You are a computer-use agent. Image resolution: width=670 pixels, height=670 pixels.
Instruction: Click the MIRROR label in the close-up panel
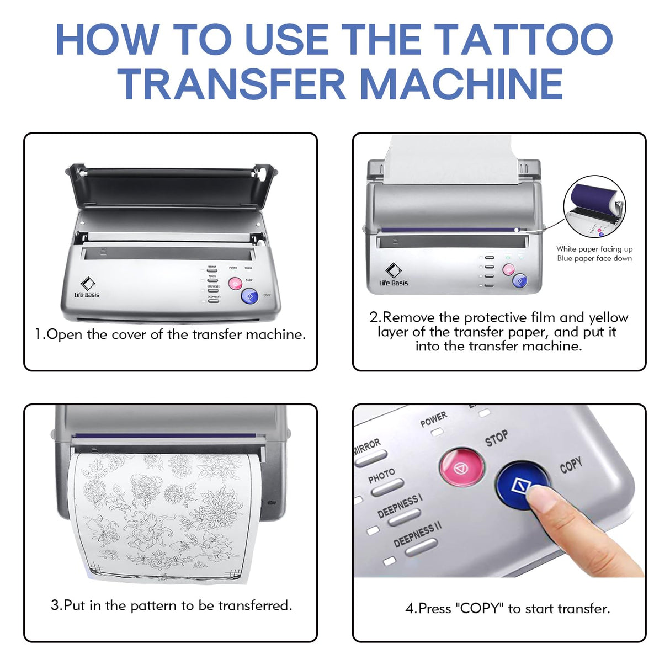pyautogui.click(x=366, y=445)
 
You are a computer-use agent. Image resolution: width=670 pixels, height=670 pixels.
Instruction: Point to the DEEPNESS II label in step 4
pyautogui.click(x=417, y=534)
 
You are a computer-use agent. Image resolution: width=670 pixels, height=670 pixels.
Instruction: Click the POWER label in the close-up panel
pyautogui.click(x=433, y=419)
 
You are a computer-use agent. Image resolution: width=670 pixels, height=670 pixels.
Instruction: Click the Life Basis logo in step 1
pyautogui.click(x=87, y=288)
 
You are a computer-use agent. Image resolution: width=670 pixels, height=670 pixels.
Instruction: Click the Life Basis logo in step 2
pyautogui.click(x=393, y=274)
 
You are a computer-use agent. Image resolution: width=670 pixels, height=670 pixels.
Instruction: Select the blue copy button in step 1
pyautogui.click(x=249, y=296)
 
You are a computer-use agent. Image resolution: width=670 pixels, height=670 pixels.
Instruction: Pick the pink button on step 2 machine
pyautogui.click(x=508, y=269)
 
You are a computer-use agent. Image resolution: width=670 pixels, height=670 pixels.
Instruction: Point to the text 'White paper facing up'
pyautogui.click(x=594, y=249)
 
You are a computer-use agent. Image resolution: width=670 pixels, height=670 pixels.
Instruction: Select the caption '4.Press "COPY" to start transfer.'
pyautogui.click(x=508, y=609)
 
